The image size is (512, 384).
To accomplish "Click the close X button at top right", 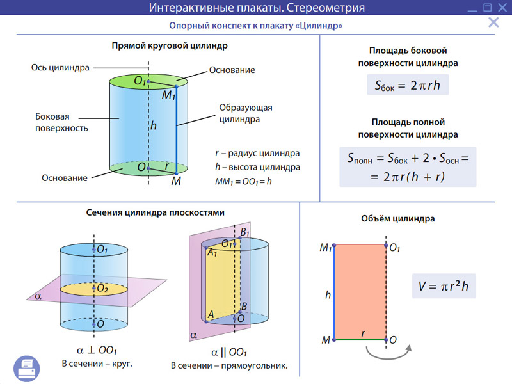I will [x=493, y=23].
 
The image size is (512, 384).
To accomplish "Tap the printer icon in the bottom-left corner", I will [x=27, y=367].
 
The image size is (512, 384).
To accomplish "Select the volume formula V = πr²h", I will [x=444, y=287].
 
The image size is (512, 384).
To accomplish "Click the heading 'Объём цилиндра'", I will [x=398, y=219].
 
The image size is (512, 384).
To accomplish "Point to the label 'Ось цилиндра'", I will [x=60, y=67].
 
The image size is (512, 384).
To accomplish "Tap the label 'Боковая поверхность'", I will [x=61, y=123].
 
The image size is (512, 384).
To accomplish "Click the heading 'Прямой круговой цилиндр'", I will [x=170, y=46].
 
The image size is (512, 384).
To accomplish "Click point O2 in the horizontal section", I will [x=101, y=289].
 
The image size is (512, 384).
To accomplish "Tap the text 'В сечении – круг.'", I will [x=101, y=364].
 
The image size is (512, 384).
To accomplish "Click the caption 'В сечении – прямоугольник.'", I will [x=228, y=366].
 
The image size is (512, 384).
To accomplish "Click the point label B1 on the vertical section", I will [x=244, y=232].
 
